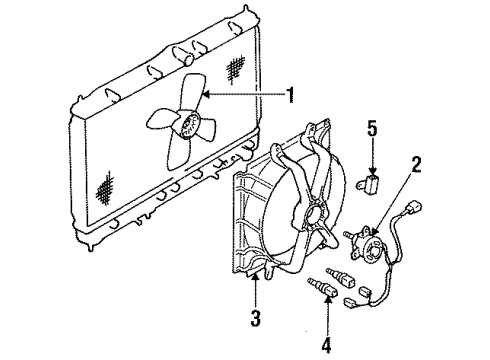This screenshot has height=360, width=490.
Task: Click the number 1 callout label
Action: [292, 97]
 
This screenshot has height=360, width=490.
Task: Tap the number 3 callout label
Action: [255, 317]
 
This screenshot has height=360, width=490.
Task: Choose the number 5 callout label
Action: [372, 131]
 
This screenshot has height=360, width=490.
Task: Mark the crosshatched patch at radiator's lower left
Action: [105, 186]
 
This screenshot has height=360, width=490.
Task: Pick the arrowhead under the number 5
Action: [372, 170]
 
